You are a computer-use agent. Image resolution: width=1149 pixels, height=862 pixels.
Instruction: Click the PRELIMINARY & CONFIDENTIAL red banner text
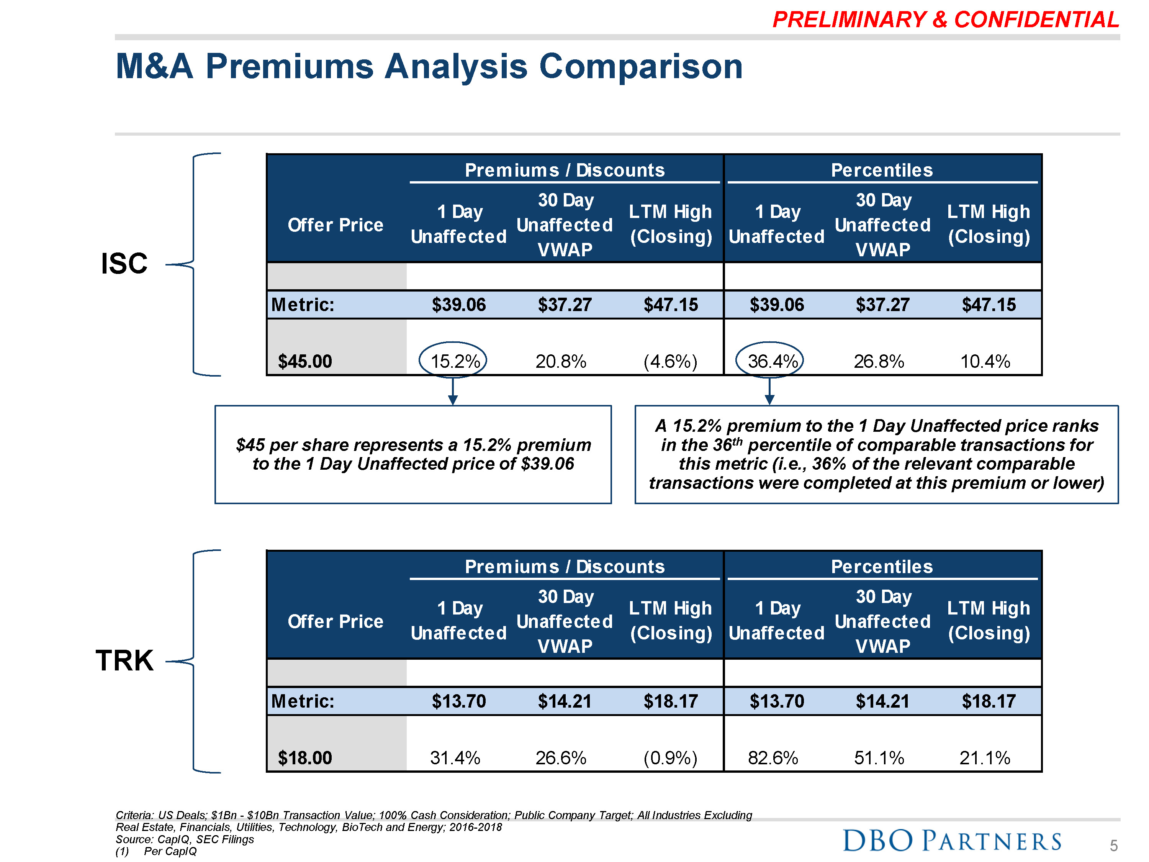tap(945, 20)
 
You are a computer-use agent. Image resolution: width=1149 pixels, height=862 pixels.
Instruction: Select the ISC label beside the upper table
tap(124, 264)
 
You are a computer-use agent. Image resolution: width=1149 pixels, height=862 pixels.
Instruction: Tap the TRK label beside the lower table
tap(124, 660)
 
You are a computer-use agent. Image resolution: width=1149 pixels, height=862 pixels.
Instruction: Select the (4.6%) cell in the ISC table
tap(670, 361)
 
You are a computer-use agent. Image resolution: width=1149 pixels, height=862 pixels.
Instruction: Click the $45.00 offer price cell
tap(305, 361)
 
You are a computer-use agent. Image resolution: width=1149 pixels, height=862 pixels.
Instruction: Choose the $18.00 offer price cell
tap(305, 757)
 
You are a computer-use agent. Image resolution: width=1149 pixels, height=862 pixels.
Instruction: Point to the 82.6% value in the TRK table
tap(773, 757)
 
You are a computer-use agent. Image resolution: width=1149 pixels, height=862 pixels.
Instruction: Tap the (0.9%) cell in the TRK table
tap(670, 757)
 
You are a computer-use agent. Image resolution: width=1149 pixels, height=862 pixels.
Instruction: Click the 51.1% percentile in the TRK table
tap(879, 757)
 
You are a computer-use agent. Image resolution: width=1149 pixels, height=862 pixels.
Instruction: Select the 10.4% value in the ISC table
tap(985, 361)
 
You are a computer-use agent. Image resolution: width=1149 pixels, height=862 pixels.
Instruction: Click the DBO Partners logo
tap(952, 840)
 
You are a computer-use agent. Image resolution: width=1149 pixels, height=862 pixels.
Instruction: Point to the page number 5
tap(1113, 846)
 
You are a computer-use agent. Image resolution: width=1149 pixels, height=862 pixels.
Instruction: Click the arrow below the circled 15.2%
tap(453, 392)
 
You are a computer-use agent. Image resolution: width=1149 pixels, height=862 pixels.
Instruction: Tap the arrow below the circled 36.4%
tap(770, 392)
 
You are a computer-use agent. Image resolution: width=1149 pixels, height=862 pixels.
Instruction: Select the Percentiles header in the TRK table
tap(882, 566)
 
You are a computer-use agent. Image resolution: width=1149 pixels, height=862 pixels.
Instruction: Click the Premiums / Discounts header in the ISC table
tap(565, 170)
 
